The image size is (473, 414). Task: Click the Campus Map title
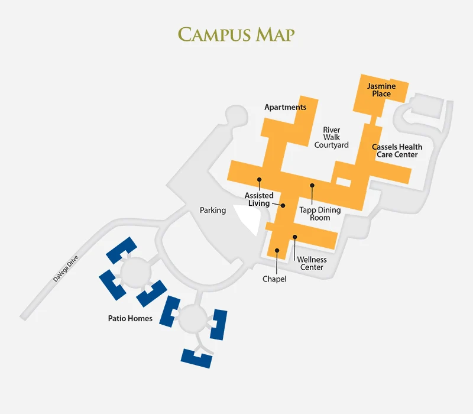[237, 34]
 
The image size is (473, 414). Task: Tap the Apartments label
[285, 107]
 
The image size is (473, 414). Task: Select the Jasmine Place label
[381, 90]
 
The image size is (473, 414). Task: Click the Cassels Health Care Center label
[397, 150]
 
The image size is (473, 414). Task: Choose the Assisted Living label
[259, 199]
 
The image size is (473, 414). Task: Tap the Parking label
[213, 210]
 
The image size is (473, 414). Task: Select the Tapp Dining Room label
[320, 214]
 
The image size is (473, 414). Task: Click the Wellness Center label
[312, 263]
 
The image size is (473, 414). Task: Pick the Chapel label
[274, 279]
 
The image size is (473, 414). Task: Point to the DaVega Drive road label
[66, 267]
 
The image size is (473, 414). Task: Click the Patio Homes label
[130, 318]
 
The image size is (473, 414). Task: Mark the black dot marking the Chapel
[277, 250]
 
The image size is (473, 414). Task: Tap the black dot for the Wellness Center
[295, 237]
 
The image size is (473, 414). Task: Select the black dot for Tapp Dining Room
[312, 185]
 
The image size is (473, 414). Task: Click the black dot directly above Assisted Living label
[259, 179]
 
